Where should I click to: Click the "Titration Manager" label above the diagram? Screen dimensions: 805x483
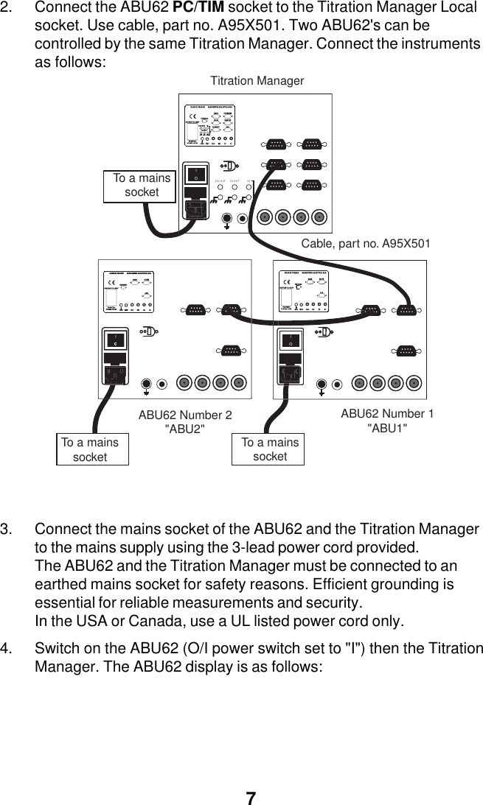257,81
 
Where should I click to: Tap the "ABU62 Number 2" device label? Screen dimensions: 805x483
185,415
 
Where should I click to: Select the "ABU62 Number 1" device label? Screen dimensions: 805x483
387,414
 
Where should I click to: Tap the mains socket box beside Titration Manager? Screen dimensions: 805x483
142,185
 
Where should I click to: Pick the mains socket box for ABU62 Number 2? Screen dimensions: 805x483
92,449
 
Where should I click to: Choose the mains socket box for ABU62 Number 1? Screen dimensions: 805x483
270,449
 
